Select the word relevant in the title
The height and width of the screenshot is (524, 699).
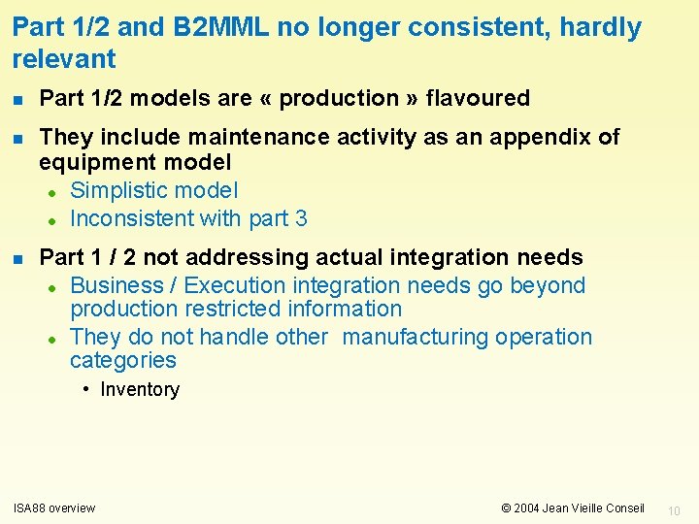pyautogui.click(x=64, y=59)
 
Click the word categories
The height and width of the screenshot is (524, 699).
pyautogui.click(x=123, y=360)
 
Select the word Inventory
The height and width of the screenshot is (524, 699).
pyautogui.click(x=140, y=390)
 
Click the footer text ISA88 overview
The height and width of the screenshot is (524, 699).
pyautogui.click(x=54, y=508)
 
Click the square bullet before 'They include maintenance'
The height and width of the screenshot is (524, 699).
pyautogui.click(x=18, y=138)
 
